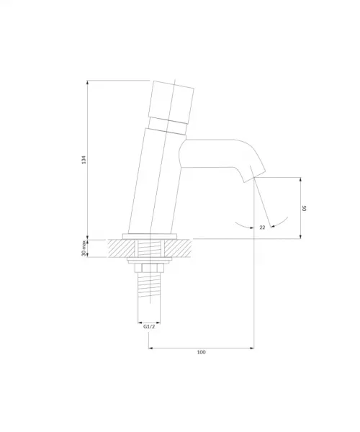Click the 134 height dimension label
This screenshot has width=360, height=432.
pos(84,160)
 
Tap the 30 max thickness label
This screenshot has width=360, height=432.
pos(84,248)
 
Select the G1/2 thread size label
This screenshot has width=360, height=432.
pos(149,327)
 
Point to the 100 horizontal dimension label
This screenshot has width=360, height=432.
pos(202,352)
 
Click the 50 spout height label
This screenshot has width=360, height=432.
pos(304,208)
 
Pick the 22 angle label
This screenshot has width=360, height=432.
pos(262,228)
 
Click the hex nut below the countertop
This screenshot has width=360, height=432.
pos(149,268)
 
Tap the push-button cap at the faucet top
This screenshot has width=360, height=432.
pos(171,101)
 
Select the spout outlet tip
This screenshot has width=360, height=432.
pos(254,177)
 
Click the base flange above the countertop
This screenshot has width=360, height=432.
pos(150,236)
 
